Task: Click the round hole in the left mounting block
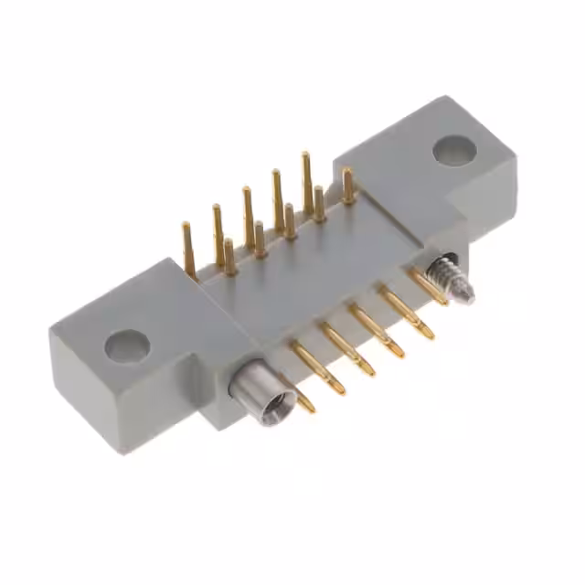coord(127,345)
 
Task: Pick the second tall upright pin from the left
coord(218,232)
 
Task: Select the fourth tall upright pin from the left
coord(277,196)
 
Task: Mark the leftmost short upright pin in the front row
coord(229,257)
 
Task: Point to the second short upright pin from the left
coord(260,239)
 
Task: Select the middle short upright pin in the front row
coord(289,220)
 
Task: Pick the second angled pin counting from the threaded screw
coord(406,311)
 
